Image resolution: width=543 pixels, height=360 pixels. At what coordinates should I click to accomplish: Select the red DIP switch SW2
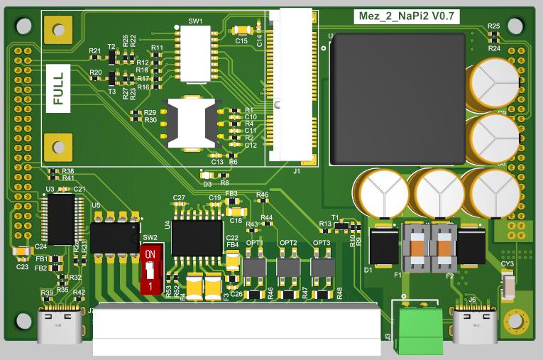[x=150, y=269]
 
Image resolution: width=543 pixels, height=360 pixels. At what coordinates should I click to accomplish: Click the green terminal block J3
[x=418, y=328]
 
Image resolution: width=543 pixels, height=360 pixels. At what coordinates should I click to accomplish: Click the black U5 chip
[x=114, y=237]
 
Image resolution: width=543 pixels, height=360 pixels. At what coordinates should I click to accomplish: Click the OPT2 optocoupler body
[x=288, y=268]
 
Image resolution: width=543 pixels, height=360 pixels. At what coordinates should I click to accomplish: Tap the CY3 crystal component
[x=509, y=288]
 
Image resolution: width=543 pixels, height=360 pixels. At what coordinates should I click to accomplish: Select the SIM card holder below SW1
[x=190, y=122]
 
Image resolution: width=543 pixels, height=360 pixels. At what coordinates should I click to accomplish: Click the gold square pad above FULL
[x=57, y=30]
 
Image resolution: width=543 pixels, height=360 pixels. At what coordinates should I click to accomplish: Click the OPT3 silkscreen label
[x=322, y=243]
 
